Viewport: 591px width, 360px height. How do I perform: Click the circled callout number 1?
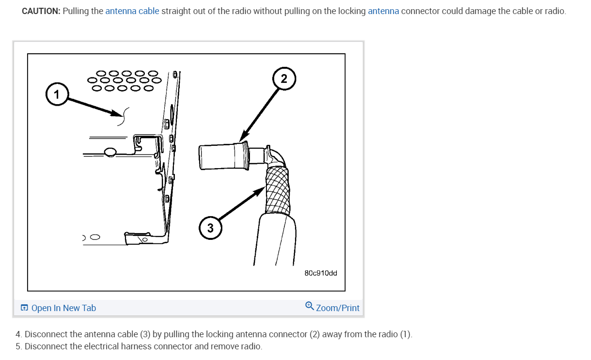click(x=57, y=94)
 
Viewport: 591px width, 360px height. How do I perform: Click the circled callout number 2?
click(x=284, y=78)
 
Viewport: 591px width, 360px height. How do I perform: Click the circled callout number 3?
click(x=210, y=228)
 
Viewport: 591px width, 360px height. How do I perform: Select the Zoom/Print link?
click(x=338, y=308)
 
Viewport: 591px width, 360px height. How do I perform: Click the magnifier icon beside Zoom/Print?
click(x=310, y=306)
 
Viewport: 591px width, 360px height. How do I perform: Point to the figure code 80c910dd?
click(x=321, y=273)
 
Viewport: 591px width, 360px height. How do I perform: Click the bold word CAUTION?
click(x=41, y=11)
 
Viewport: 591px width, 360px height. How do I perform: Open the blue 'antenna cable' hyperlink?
click(x=132, y=11)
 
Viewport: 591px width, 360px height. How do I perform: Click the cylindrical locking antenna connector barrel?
click(x=223, y=156)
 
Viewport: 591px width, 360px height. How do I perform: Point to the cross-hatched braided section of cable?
click(x=278, y=190)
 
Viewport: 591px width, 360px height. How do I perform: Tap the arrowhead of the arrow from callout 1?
click(x=117, y=113)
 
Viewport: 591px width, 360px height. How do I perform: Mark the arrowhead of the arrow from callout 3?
click(x=259, y=190)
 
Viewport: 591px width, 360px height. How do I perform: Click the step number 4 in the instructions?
click(x=18, y=334)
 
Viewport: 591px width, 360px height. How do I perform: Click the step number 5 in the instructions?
click(x=18, y=346)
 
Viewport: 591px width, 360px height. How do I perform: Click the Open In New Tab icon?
click(x=24, y=308)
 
